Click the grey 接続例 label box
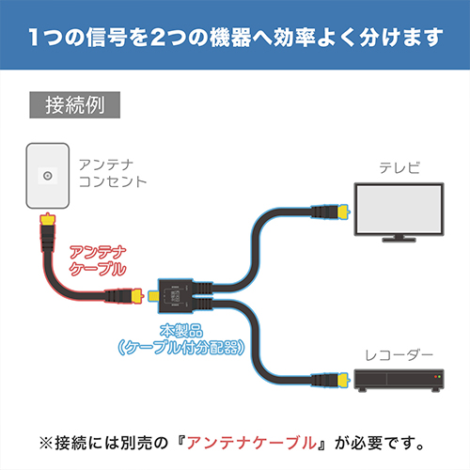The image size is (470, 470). pyautogui.click(x=74, y=105)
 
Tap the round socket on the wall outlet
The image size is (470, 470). pyautogui.click(x=48, y=176)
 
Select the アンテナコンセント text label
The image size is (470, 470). pyautogui.click(x=113, y=173)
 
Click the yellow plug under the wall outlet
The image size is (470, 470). pyautogui.click(x=48, y=219)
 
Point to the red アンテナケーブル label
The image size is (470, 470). pyautogui.click(x=98, y=261)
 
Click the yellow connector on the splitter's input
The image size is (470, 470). pyautogui.click(x=153, y=296)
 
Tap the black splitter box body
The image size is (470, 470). pyautogui.click(x=176, y=296)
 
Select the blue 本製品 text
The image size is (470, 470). pyautogui.click(x=181, y=331)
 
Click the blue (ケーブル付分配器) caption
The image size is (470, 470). pyautogui.click(x=181, y=348)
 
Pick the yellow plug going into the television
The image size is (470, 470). pyautogui.click(x=343, y=211)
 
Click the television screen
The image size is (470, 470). pyautogui.click(x=399, y=209)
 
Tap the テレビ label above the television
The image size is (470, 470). pyautogui.click(x=399, y=168)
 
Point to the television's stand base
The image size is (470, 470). pyautogui.click(x=399, y=240)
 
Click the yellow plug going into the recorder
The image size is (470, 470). pyautogui.click(x=343, y=380)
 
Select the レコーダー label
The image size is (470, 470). pyautogui.click(x=399, y=355)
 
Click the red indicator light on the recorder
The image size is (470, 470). pyautogui.click(x=435, y=376)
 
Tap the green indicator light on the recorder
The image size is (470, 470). pyautogui.click(x=440, y=376)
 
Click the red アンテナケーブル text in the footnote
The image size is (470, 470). pyautogui.click(x=252, y=443)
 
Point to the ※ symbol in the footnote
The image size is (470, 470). pyautogui.click(x=46, y=444)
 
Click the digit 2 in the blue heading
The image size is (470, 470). pyautogui.click(x=160, y=38)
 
